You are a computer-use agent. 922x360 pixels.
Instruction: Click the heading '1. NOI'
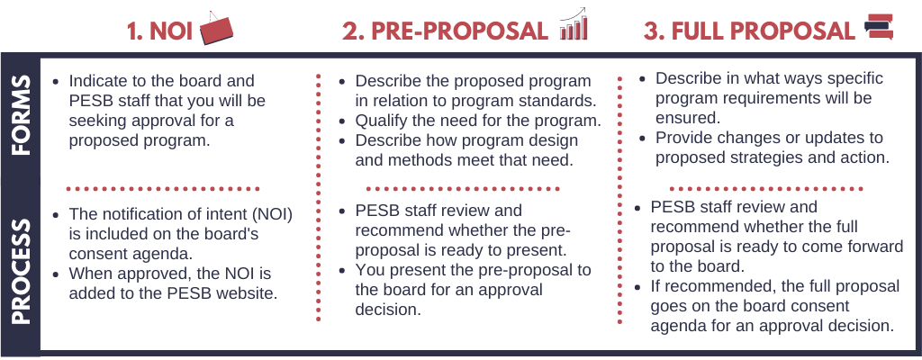coord(160,31)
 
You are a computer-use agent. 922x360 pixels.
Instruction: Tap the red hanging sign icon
coord(216,28)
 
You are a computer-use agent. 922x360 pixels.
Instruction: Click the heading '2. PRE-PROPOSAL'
coord(445,31)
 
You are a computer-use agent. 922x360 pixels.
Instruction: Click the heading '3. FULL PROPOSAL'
coord(749,31)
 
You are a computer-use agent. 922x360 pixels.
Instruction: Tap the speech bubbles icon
coord(879,28)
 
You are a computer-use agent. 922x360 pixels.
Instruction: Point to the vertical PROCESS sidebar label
coord(21,272)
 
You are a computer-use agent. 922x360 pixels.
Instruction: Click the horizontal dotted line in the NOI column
coord(163,189)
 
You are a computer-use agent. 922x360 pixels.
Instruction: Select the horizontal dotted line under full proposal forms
coord(766,189)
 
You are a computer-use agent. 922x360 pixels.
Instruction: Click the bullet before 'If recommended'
coord(637,287)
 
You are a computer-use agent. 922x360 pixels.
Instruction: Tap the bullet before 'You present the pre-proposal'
coord(342,271)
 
